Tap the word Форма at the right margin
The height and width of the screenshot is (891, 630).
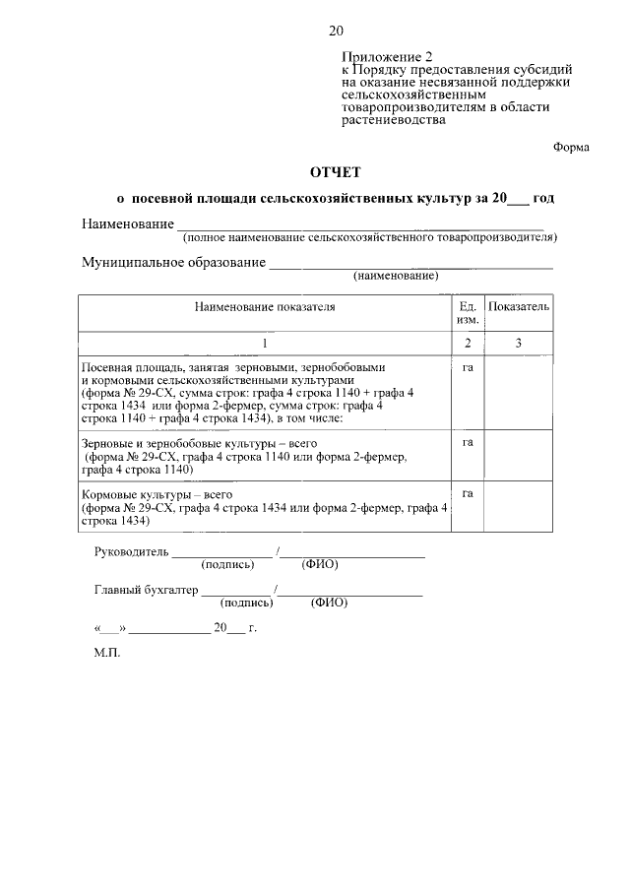[x=571, y=146]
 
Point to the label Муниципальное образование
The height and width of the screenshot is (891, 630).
[x=173, y=263]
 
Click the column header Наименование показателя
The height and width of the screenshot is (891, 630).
[x=264, y=306]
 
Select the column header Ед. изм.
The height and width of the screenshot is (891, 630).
[x=468, y=313]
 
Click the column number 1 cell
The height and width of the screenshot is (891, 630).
[x=264, y=343]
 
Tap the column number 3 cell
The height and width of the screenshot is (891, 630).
[x=518, y=343]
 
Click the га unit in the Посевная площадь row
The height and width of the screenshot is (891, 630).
[x=468, y=367]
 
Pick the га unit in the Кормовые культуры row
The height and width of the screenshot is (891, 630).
[x=468, y=493]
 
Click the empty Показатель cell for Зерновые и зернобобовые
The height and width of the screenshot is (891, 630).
[x=518, y=456]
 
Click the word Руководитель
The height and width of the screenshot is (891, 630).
[x=133, y=551]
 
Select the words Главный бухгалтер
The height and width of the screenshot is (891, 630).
[x=146, y=591]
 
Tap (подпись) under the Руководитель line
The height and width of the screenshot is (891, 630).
[x=227, y=565]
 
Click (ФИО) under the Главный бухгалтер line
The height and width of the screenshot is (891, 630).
[x=329, y=604]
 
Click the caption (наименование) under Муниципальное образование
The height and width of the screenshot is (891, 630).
[x=397, y=276]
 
